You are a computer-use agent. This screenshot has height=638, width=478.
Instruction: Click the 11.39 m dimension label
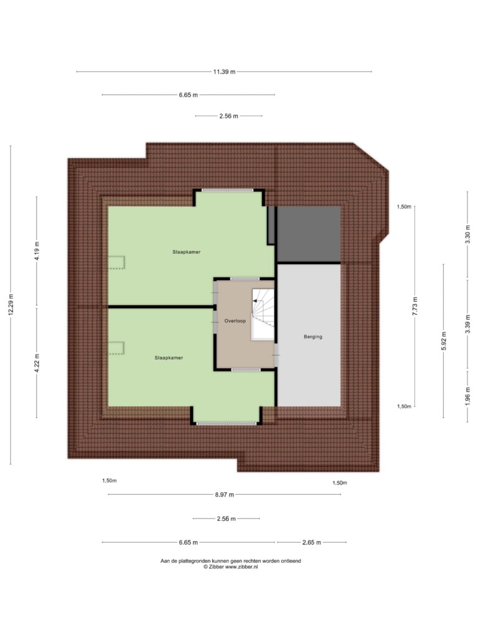click(x=224, y=72)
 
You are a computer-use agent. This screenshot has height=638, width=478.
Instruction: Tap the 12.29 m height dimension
click(x=11, y=304)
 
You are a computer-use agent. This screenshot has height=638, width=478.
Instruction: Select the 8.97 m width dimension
click(x=224, y=495)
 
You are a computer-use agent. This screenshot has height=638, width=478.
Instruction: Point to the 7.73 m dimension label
click(x=415, y=306)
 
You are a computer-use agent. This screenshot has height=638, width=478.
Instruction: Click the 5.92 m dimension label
click(x=443, y=341)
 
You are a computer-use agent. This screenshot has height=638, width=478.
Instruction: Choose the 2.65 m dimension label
click(x=312, y=543)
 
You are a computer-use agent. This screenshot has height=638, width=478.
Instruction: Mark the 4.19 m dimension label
click(x=37, y=251)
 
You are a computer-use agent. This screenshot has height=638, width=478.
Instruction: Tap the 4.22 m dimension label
click(x=37, y=363)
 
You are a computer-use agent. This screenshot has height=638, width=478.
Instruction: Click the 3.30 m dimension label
click(x=467, y=234)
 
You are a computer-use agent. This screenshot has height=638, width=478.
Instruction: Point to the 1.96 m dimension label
click(x=467, y=394)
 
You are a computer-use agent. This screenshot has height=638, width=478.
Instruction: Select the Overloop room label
click(x=235, y=321)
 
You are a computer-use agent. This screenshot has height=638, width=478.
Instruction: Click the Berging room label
click(x=313, y=337)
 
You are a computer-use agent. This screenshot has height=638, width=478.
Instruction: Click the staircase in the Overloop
click(x=263, y=314)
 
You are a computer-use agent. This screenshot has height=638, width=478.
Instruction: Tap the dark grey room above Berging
click(x=309, y=234)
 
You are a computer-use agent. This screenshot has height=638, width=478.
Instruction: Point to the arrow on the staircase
click(x=256, y=301)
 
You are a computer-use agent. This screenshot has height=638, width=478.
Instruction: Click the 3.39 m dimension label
click(x=467, y=324)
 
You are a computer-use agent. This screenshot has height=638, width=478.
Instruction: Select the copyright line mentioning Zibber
click(x=230, y=566)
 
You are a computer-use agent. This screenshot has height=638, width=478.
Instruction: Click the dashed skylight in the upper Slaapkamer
click(x=116, y=262)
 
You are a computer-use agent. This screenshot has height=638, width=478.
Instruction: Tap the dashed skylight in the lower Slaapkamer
click(x=116, y=348)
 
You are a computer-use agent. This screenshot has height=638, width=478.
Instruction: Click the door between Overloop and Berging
click(x=276, y=355)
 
